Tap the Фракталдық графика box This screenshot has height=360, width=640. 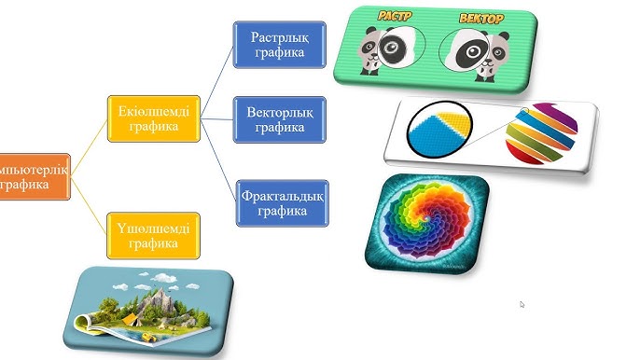[x=281, y=202]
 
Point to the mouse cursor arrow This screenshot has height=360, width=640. [x=522, y=304]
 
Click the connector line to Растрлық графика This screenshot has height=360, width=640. [x=216, y=82]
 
